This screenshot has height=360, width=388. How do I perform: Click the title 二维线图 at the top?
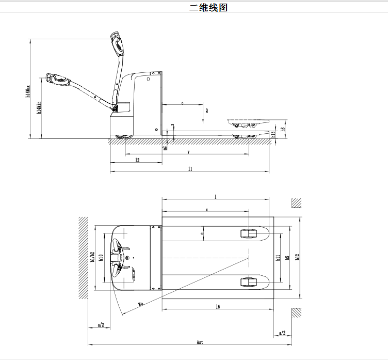(x=208, y=8)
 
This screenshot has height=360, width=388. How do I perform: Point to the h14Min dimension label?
(x=39, y=108)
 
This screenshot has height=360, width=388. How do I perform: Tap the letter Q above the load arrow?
(x=206, y=110)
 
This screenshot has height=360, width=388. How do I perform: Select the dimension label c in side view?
(x=182, y=103)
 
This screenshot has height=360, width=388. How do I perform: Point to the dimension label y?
(x=188, y=152)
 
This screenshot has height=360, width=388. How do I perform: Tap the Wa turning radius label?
(x=140, y=303)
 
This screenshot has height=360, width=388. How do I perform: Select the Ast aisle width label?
(x=200, y=342)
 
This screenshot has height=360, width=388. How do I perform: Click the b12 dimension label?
(x=297, y=257)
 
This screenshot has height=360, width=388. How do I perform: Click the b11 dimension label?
(x=278, y=257)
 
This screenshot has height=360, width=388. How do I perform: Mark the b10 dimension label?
(x=102, y=257)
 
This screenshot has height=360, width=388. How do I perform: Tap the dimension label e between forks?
(x=202, y=233)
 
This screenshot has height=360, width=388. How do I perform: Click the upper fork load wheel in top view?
(x=249, y=233)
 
